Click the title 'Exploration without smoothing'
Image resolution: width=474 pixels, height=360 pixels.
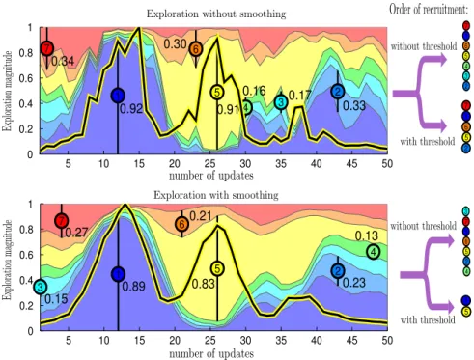pos(216,14)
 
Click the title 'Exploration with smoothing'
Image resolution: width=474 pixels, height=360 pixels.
pos(216,195)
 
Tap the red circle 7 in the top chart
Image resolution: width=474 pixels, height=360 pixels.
pos(47,48)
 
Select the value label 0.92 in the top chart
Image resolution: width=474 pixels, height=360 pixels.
pos(131,109)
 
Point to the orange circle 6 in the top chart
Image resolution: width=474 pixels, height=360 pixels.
pos(196,49)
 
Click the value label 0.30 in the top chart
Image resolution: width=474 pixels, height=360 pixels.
pos(175,43)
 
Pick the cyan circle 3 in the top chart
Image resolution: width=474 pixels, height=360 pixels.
pos(281,102)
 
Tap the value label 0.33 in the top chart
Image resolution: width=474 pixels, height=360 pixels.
pos(354,105)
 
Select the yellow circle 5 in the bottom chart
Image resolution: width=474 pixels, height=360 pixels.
pos(217,268)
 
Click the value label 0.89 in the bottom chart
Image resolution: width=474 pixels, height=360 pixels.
pos(133,286)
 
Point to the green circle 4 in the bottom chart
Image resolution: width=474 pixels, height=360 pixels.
pos(374,252)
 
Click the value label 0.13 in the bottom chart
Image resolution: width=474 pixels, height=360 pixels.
pos(367,235)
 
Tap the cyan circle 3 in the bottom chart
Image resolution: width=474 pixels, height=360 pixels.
pos(40,287)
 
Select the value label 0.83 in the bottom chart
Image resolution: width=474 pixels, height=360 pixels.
pos(203,284)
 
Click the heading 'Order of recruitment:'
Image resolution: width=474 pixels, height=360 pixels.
pos(429,10)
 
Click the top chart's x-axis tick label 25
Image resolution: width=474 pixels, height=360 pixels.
pos(209,163)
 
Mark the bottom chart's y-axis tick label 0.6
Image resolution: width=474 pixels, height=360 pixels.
pos(26,255)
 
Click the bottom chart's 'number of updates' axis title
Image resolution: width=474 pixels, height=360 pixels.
pos(211,353)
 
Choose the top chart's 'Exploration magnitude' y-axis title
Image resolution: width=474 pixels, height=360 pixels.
pos(7,91)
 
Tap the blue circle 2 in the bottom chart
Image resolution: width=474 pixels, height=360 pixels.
pos(338,271)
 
